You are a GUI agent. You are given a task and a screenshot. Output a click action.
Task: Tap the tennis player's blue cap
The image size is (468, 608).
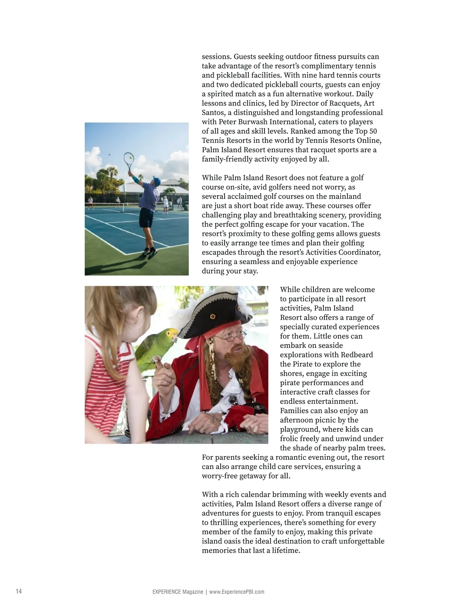coord(156,181)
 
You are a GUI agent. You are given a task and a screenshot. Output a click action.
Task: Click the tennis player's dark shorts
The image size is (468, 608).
coord(146,217)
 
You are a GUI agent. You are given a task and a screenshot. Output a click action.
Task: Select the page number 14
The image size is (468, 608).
coord(19,591)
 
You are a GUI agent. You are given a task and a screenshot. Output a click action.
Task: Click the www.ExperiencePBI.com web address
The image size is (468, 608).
coord(237,592)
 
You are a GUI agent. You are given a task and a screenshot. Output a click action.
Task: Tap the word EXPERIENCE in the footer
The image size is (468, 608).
coord(167,592)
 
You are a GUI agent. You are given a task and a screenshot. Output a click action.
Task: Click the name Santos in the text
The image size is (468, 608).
coord(213,112)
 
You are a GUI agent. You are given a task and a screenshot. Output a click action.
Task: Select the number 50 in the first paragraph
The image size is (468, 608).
coord(373,131)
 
